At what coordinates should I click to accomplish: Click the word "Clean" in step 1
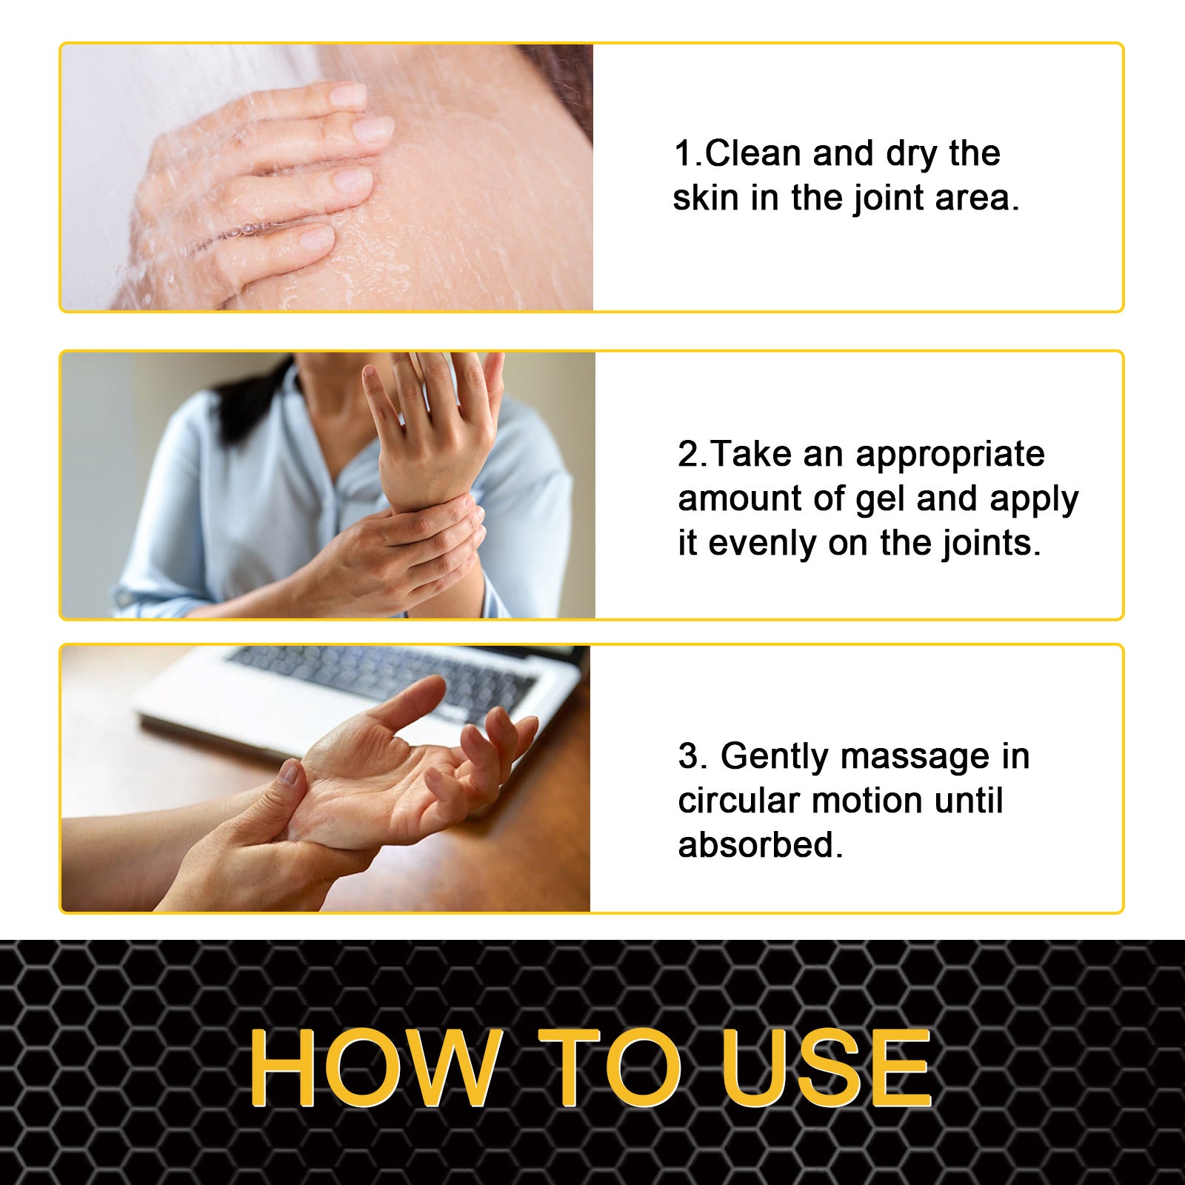pyautogui.click(x=752, y=154)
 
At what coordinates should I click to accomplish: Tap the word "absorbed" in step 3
pyautogui.click(x=755, y=846)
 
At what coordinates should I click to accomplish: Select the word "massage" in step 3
pyautogui.click(x=915, y=757)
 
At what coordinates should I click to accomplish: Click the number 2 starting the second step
pyautogui.click(x=688, y=455)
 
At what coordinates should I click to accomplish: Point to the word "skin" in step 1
pyautogui.click(x=705, y=198)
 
